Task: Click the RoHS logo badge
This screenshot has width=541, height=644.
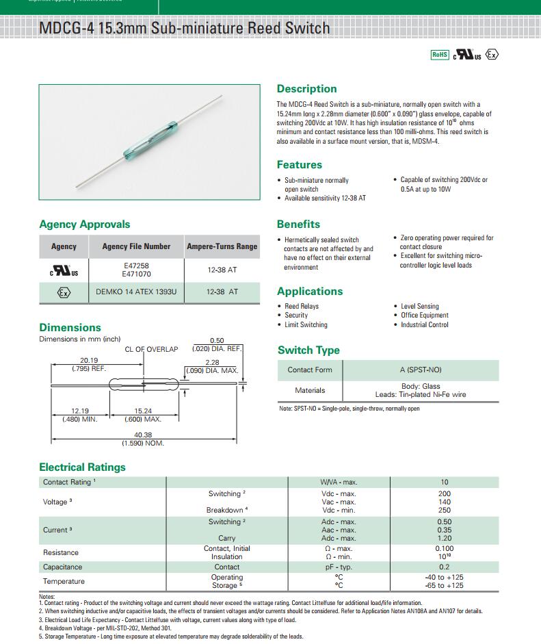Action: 439,55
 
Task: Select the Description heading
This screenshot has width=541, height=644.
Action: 306,89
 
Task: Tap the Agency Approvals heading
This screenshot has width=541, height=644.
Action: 84,224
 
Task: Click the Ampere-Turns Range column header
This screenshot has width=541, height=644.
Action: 222,246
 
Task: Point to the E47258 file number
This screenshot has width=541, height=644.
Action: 136,266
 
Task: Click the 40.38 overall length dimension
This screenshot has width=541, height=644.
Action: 143,435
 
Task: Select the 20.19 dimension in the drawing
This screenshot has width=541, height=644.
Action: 89,360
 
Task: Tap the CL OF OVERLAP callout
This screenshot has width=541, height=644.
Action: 151,349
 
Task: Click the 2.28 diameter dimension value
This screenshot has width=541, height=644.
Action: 212,363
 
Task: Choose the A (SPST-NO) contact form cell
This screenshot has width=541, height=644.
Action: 421,370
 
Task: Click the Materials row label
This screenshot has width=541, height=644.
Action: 310,390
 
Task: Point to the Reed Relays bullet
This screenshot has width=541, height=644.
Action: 302,306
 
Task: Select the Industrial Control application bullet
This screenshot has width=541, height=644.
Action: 425,324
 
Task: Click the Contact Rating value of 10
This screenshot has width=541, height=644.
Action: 445,482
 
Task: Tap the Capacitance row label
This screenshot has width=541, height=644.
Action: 62,567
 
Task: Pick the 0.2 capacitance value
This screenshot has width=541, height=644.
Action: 445,567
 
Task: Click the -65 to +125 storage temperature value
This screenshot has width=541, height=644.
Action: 445,585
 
